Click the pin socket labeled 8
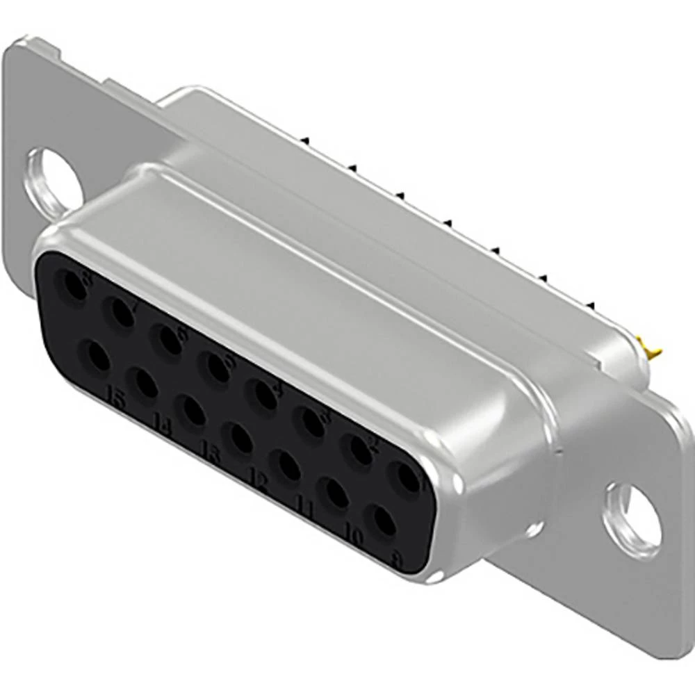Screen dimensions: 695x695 (73, 286)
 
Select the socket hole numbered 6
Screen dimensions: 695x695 (167, 338)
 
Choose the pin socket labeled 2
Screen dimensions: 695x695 (359, 450)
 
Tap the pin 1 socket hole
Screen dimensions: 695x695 (405, 477)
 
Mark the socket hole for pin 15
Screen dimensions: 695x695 (95, 359)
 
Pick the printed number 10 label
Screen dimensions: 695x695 (353, 536)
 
